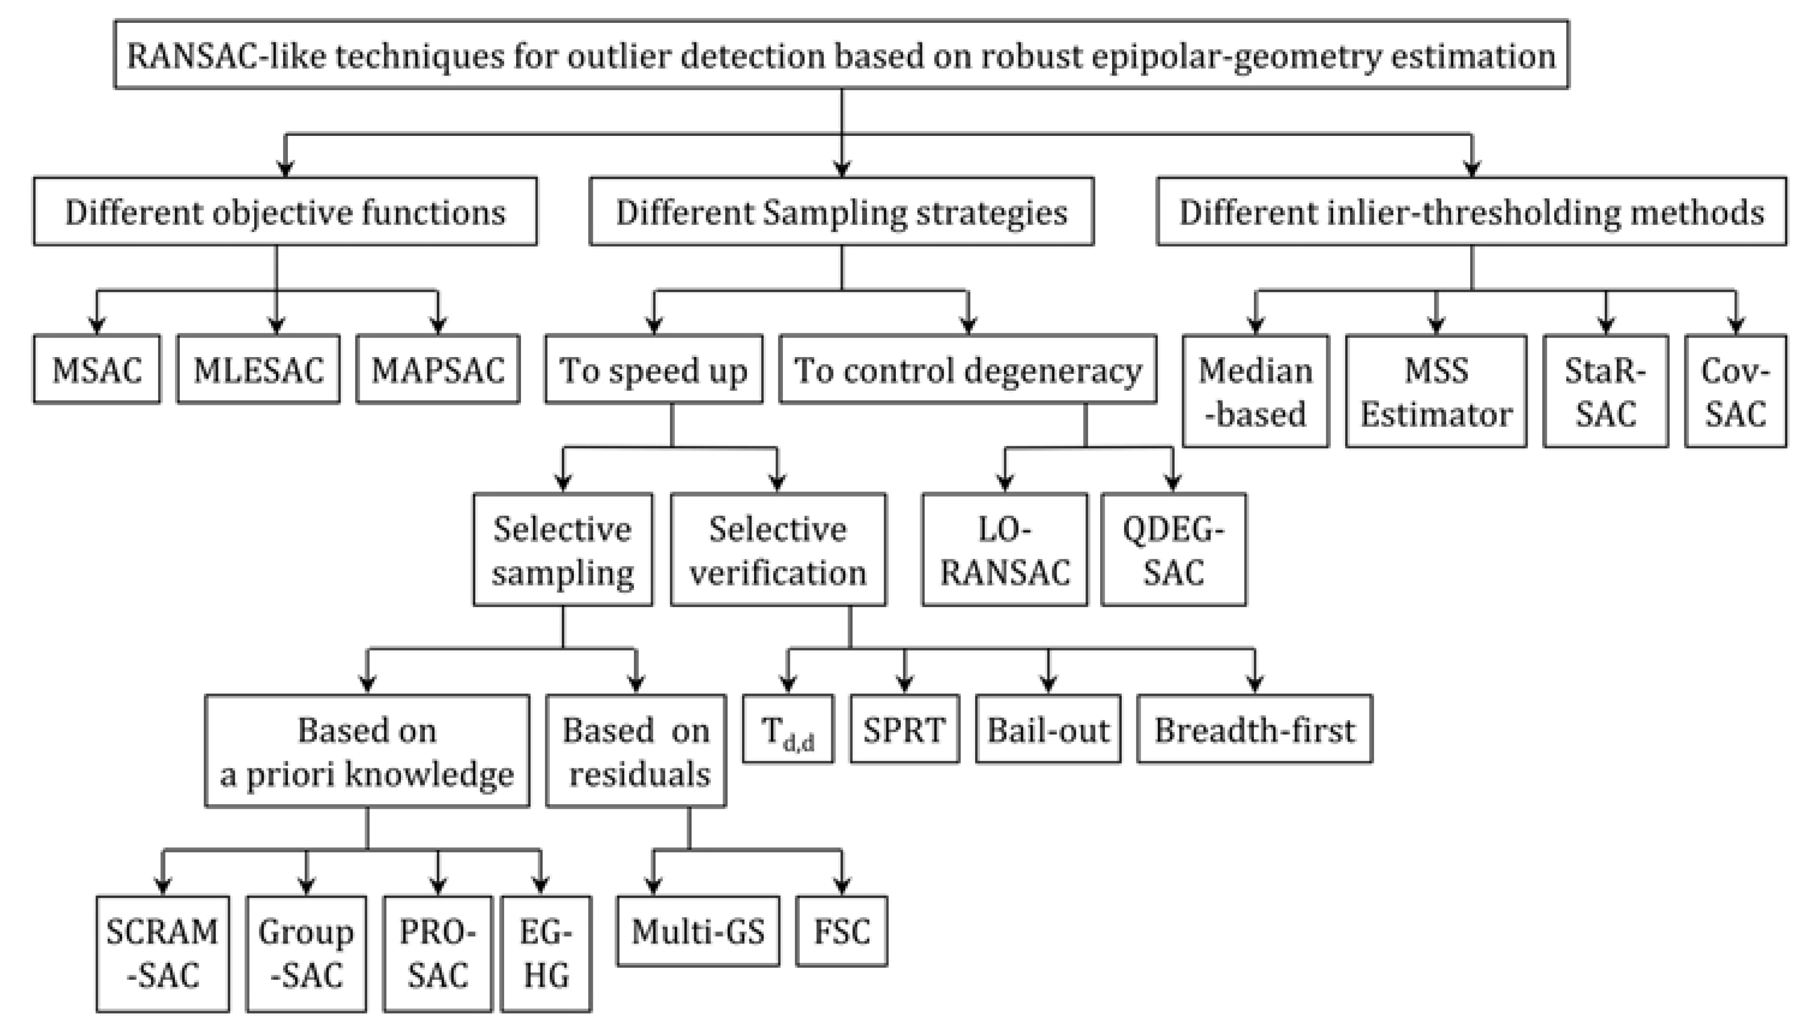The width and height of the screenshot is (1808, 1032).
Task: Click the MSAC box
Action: coord(97,370)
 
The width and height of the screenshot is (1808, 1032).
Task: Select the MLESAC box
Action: coord(258,370)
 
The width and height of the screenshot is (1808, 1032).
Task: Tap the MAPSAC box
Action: coord(438,370)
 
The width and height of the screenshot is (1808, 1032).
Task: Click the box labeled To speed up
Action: coord(653,370)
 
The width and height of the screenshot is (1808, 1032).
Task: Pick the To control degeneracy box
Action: coord(967,370)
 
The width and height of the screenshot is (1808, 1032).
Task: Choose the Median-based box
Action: coord(1255,391)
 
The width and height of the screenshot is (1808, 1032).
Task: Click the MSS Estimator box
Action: coord(1436,391)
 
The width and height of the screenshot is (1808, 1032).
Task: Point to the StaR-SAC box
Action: coord(1605,391)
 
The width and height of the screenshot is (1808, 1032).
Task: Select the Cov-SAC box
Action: coord(1735,391)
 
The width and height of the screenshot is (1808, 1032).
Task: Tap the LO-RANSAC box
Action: coord(1005,550)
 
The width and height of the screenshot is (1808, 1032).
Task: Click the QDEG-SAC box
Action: coord(1173,550)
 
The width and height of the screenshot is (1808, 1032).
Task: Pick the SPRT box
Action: coord(905,729)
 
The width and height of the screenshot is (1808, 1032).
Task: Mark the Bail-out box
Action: coord(1048,729)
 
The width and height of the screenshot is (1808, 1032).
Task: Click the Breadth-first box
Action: coord(1255,729)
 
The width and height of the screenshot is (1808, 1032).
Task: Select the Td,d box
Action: coord(788,729)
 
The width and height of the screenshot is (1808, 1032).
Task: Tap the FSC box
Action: coord(842,931)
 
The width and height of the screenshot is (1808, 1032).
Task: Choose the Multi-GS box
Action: coord(698,931)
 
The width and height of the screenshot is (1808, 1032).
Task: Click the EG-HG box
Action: coord(545,953)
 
